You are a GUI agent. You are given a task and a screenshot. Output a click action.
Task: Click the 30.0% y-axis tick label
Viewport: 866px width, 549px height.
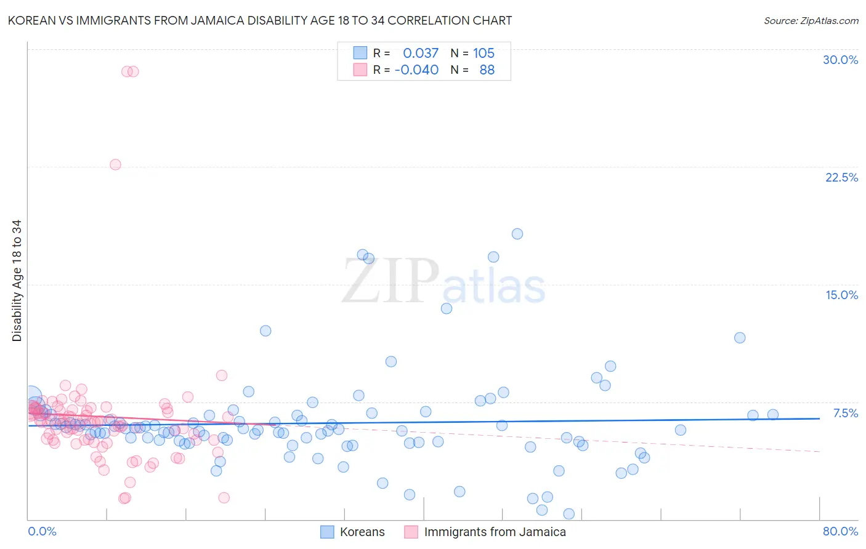coord(840,60)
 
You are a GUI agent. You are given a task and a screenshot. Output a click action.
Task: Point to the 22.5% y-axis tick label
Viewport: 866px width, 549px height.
coord(841,177)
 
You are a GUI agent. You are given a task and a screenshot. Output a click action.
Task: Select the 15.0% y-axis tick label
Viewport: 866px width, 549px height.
coord(841,295)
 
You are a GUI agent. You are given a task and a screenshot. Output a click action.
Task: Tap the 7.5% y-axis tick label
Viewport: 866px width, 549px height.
coord(845,413)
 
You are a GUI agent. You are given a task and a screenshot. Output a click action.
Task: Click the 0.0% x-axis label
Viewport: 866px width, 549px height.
coord(42,531)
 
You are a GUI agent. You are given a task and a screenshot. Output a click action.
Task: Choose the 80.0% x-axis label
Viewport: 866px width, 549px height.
coord(840,531)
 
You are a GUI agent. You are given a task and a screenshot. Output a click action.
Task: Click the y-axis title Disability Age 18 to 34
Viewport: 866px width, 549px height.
coord(17,280)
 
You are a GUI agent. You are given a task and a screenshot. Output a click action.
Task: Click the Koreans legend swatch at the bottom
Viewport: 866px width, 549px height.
coord(327,532)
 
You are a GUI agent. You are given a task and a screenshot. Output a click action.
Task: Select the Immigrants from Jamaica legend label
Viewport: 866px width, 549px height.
coord(495,532)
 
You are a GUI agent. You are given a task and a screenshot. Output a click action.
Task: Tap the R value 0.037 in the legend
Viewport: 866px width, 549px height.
coord(421,53)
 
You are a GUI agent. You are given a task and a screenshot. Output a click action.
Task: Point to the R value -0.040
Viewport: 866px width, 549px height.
coord(416,70)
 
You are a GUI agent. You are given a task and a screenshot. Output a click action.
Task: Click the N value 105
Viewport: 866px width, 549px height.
coord(484,53)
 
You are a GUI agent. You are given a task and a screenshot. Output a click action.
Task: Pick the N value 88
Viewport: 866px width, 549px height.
coord(487,70)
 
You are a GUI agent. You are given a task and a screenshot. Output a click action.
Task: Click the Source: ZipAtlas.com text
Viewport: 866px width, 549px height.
coord(811,20)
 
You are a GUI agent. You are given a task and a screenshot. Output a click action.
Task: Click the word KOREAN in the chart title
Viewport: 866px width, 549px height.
coord(31,20)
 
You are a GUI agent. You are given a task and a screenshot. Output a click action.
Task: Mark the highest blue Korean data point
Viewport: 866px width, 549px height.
coord(517,234)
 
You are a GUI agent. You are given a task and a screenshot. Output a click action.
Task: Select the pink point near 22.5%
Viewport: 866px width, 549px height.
coord(115,164)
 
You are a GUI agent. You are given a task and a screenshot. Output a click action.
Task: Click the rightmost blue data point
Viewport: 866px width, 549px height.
coord(773,415)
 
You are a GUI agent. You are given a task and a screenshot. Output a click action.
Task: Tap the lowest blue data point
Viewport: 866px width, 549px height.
coord(569,514)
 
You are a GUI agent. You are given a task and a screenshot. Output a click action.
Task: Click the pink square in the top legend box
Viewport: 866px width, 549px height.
coord(360,70)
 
